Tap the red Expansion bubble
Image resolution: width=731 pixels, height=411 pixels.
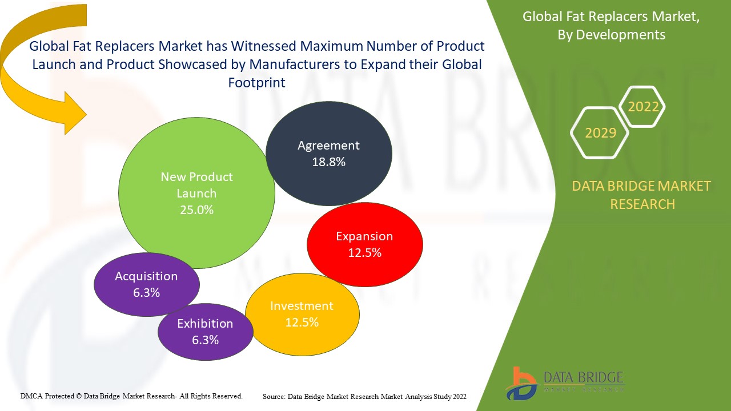coord(365,244)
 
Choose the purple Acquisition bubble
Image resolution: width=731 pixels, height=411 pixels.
coord(146,284)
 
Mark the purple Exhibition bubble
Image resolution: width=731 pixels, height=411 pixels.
coord(205,331)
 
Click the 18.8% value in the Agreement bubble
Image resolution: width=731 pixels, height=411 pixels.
coord(329,162)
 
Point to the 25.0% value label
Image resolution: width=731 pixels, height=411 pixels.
coord(196,209)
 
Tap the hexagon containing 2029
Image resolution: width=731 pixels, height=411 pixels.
coord(600,132)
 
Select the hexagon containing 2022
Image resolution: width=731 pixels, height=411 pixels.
coord(642,107)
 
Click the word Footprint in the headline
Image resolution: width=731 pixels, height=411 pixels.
coord(256,82)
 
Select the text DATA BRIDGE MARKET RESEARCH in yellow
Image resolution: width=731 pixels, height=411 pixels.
coord(642,195)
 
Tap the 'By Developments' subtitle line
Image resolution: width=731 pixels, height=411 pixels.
coord(611,35)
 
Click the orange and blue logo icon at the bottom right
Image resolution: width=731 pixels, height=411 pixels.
coord(520,382)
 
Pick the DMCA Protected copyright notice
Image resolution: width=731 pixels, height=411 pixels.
coord(132,396)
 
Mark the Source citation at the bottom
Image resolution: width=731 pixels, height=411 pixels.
coord(364,396)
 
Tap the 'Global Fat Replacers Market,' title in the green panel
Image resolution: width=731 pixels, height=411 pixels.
coord(611,17)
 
